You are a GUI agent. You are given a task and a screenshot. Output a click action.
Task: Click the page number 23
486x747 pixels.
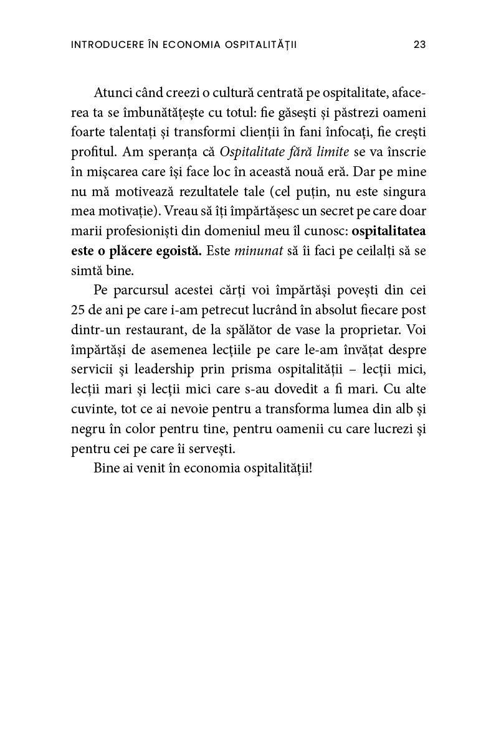(419, 45)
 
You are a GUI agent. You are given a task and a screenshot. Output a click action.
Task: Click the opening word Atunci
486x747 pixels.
(111, 93)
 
